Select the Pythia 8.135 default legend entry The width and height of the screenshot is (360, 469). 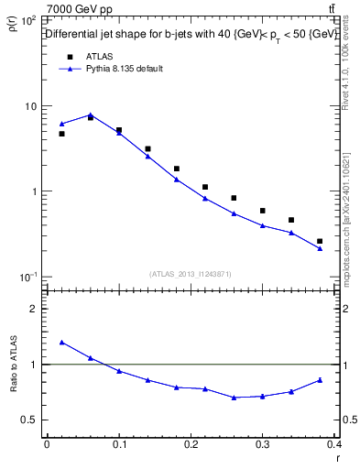point(124,69)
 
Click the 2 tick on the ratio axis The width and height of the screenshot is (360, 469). point(34,309)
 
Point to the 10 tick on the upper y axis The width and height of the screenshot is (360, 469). point(30,106)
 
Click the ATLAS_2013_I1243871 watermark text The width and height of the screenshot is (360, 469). point(191,274)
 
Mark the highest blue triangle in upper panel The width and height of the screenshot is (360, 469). point(91,115)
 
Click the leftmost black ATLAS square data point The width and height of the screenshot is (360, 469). point(61,134)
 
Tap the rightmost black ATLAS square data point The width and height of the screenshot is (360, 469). point(320,241)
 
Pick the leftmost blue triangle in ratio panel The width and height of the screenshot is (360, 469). point(61,342)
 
